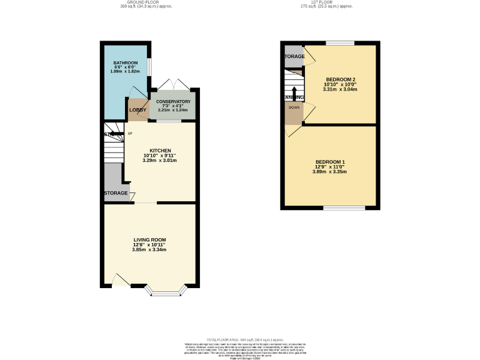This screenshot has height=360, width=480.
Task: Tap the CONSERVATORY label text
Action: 173,101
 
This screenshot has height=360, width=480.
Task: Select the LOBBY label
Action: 137,110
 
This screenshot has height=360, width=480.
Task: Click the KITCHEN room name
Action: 160,151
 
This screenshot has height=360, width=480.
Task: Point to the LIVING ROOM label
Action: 149,239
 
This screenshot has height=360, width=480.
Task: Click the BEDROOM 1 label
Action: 330,162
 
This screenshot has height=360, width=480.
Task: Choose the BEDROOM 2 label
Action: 340,79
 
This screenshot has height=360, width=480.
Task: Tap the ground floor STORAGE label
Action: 116,193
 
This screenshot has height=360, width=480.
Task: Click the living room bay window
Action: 166,291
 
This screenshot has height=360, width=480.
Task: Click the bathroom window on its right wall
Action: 149,66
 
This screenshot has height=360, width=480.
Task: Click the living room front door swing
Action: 121,281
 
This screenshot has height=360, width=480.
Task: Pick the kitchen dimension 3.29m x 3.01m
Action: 160,161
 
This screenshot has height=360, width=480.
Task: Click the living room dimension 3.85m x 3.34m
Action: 149,249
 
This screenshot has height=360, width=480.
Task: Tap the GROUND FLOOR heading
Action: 145,2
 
